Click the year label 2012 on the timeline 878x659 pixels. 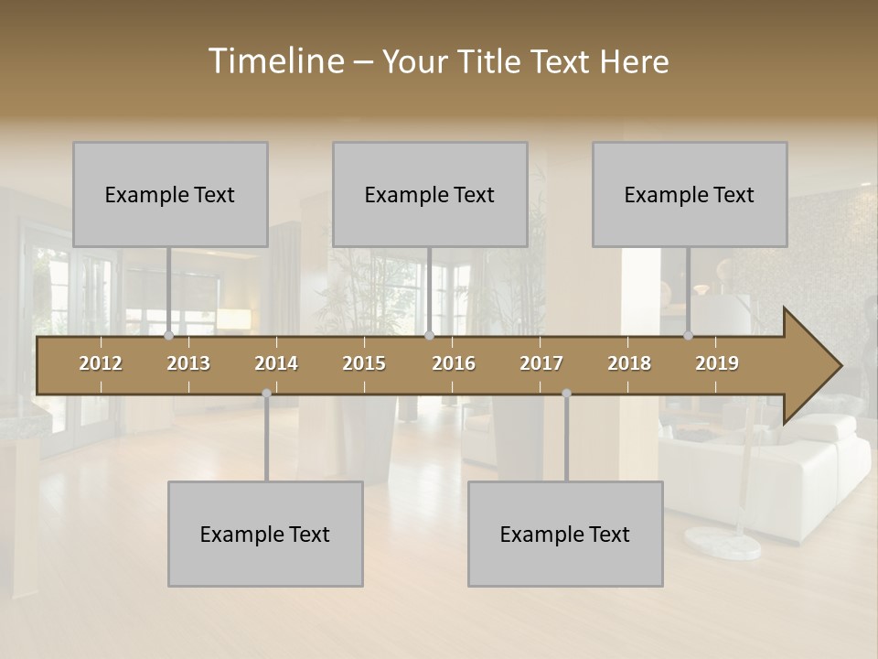[101, 363]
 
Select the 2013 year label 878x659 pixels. [188, 363]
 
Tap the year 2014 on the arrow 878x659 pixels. [276, 363]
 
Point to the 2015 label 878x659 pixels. [364, 363]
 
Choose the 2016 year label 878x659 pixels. [454, 363]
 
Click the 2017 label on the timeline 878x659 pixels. [541, 363]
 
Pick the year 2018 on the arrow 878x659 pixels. [629, 363]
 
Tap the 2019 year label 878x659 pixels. [717, 363]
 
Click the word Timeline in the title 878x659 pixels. [274, 61]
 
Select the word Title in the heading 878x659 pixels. [492, 61]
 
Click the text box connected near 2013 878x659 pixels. [170, 194]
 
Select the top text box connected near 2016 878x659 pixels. [430, 194]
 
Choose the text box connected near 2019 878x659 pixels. [690, 194]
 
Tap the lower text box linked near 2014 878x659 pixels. [265, 534]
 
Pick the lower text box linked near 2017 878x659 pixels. [565, 534]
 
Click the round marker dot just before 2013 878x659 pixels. [168, 336]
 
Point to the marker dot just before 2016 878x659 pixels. [429, 336]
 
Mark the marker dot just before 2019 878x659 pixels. [688, 336]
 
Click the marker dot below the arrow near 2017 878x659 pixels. [566, 394]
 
